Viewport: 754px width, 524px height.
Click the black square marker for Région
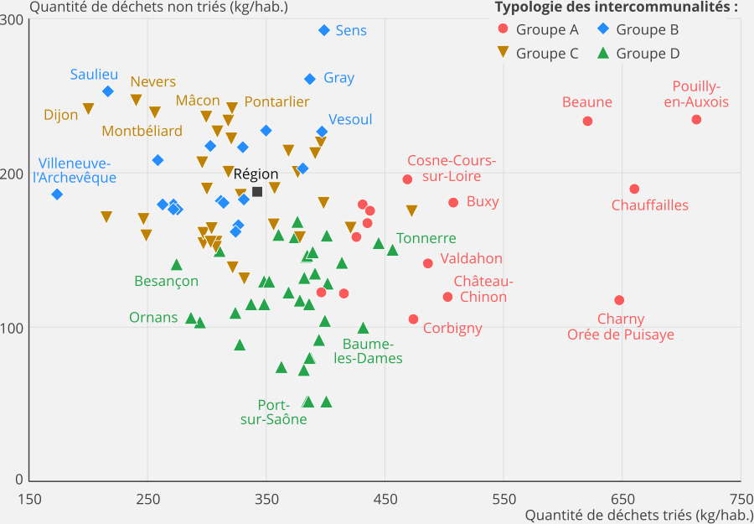257,192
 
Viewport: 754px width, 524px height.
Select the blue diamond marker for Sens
324,30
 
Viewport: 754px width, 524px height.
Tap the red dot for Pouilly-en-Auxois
696,120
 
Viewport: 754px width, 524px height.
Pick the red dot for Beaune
587,121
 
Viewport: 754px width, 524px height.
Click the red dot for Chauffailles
634,189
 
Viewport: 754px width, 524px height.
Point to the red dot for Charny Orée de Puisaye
619,300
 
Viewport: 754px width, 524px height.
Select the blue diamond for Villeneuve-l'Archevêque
57,195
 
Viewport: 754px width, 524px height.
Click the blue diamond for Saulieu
108,91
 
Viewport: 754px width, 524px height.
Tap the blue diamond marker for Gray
310,79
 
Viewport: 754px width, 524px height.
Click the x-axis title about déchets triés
639,516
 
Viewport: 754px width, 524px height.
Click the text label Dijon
61,115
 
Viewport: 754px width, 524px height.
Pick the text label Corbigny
452,328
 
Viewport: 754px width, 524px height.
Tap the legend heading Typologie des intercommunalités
616,8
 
